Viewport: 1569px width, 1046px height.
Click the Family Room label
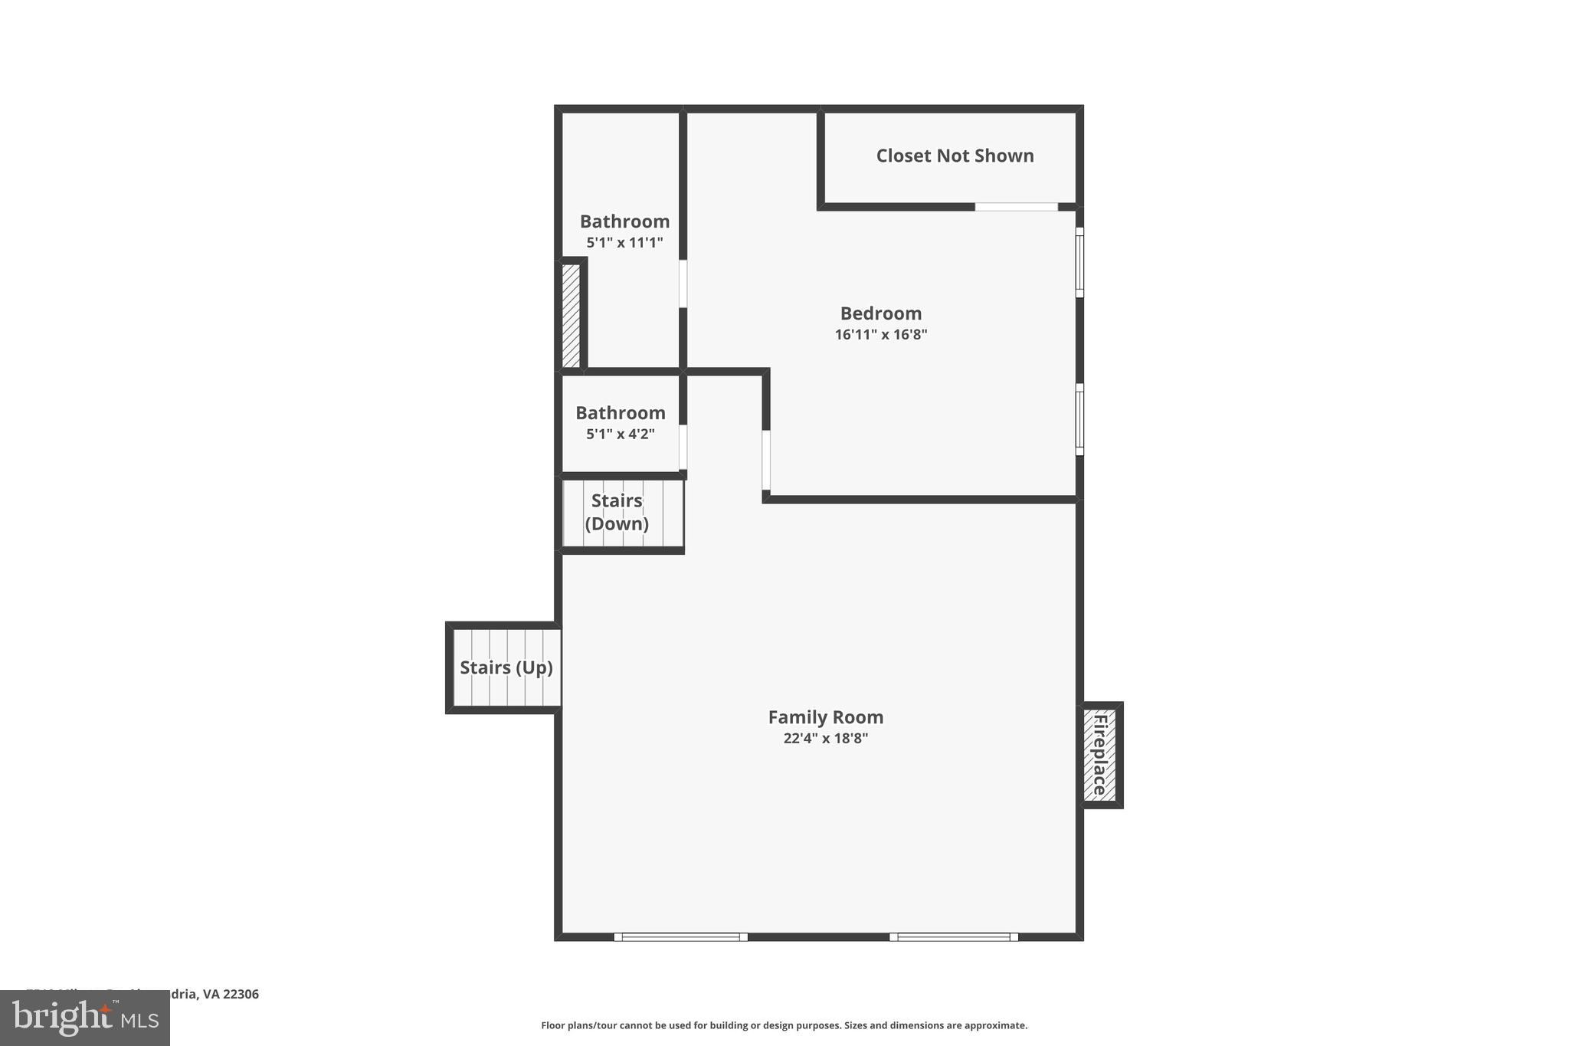[x=825, y=717]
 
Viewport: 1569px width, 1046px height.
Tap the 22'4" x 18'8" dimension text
[x=825, y=739]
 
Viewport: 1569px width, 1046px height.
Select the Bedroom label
[x=880, y=313]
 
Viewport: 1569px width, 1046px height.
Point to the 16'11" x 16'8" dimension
[x=880, y=335]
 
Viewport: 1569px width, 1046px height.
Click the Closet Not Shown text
[x=955, y=156]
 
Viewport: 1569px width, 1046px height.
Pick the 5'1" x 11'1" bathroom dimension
[x=624, y=243]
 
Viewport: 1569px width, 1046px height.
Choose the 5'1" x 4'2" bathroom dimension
[x=620, y=434]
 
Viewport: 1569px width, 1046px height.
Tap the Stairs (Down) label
[x=617, y=512]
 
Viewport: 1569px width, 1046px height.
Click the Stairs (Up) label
[x=506, y=667]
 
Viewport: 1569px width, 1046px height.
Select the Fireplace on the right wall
[x=1099, y=755]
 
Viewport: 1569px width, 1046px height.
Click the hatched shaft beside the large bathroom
[x=571, y=315]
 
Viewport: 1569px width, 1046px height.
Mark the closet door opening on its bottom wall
[x=1016, y=207]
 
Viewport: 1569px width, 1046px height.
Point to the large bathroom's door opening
[x=683, y=284]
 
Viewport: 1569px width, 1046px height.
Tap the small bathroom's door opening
[x=683, y=447]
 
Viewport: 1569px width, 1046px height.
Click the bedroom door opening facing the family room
[x=766, y=460]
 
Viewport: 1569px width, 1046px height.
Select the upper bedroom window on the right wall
[x=1079, y=262]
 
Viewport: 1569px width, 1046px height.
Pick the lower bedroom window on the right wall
[x=1079, y=419]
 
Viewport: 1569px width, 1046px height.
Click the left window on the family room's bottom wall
[x=680, y=936]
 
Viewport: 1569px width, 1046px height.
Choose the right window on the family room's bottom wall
[x=954, y=936]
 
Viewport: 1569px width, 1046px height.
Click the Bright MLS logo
[x=85, y=1018]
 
